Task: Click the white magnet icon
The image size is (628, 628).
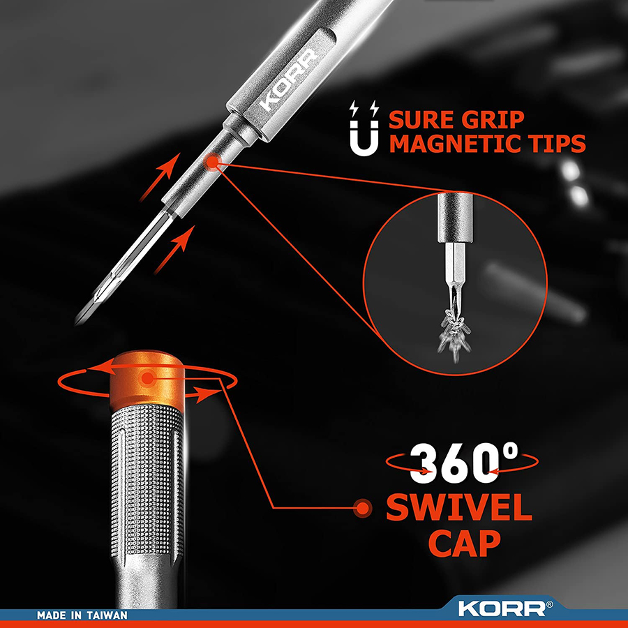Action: (x=364, y=128)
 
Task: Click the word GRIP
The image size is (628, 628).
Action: (x=492, y=120)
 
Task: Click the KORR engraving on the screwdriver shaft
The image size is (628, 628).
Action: (x=288, y=80)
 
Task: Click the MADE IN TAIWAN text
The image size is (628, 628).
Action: (x=82, y=615)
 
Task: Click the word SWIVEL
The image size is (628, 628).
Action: (x=459, y=507)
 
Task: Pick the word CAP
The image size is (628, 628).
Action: (x=465, y=543)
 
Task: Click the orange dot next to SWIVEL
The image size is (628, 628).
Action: (x=363, y=508)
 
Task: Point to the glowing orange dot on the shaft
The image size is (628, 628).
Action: (x=211, y=162)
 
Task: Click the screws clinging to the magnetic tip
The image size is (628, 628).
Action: (x=454, y=334)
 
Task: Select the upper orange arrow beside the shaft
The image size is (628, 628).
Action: (x=159, y=177)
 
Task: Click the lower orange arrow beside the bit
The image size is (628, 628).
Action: (x=174, y=250)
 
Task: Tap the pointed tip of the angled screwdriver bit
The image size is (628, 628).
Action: (x=77, y=322)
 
